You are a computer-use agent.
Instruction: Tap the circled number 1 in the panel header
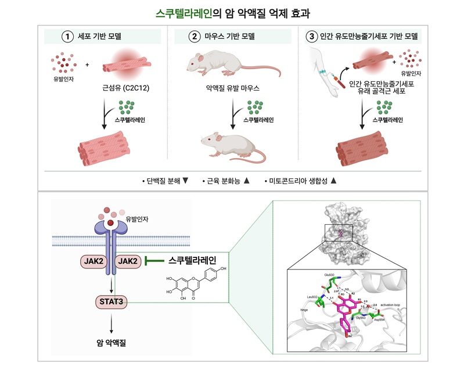click(67, 36)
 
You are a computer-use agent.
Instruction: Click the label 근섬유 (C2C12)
click(123, 90)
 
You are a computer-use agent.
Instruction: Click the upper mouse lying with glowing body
click(226, 65)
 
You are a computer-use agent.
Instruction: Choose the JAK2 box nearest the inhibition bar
click(127, 262)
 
